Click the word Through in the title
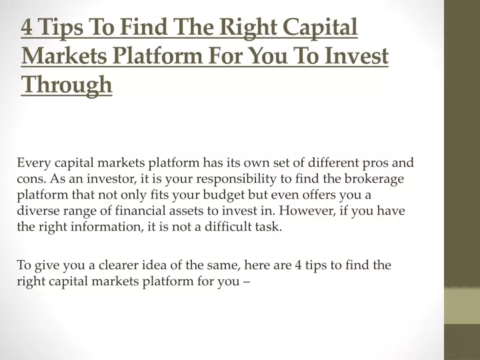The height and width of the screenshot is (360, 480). [67, 85]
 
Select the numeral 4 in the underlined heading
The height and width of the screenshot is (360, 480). [27, 27]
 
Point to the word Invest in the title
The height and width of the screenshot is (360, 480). [356, 56]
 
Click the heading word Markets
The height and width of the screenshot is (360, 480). [64, 56]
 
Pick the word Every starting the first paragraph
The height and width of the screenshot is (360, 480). [34, 163]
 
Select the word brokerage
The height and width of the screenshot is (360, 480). [374, 179]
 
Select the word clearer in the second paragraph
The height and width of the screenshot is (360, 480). [118, 265]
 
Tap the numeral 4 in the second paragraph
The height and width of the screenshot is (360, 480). [298, 265]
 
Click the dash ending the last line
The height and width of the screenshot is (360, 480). [247, 281]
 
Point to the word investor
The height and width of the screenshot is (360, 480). [111, 179]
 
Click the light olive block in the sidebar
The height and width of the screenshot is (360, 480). [462, 305]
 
